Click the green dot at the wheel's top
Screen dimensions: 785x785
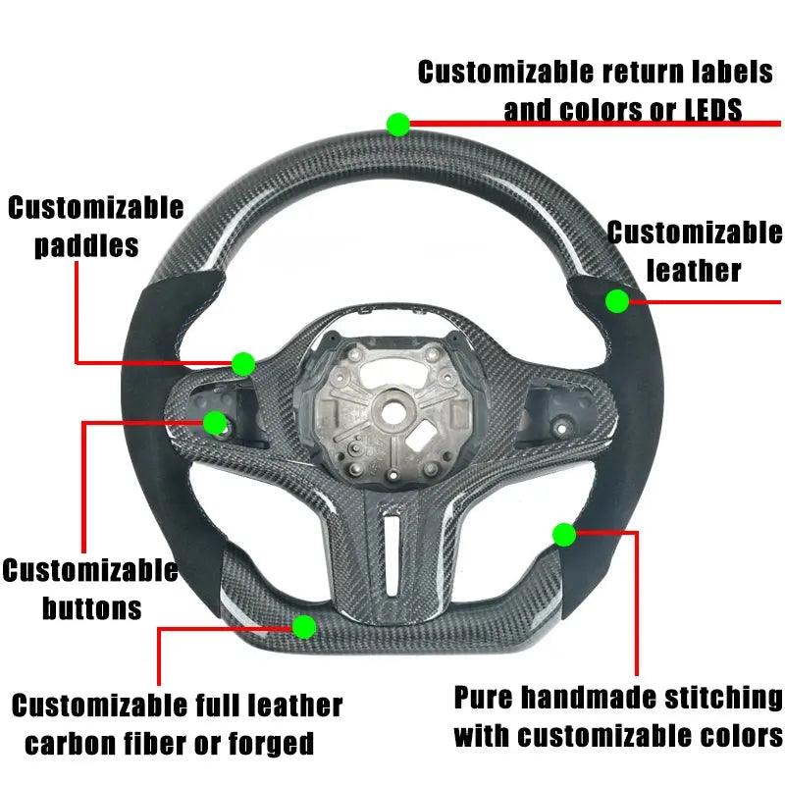coord(398,125)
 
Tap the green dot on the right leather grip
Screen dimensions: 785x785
coord(617,301)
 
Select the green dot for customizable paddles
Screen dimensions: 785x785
coord(243,364)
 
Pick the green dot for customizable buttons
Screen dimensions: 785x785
coord(215,423)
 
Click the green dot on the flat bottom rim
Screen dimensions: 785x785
coord(304,627)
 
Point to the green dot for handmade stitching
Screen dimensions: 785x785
coord(564,535)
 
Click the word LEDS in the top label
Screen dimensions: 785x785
coord(713,110)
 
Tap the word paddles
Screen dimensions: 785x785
coord(86,246)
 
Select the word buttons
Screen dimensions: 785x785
coord(91,607)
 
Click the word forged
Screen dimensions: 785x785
coord(272,744)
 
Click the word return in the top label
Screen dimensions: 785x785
coord(643,72)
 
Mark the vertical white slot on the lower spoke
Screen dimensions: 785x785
coord(393,556)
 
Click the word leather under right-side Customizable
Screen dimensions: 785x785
coord(694,271)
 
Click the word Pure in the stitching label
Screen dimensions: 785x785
coord(483,698)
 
